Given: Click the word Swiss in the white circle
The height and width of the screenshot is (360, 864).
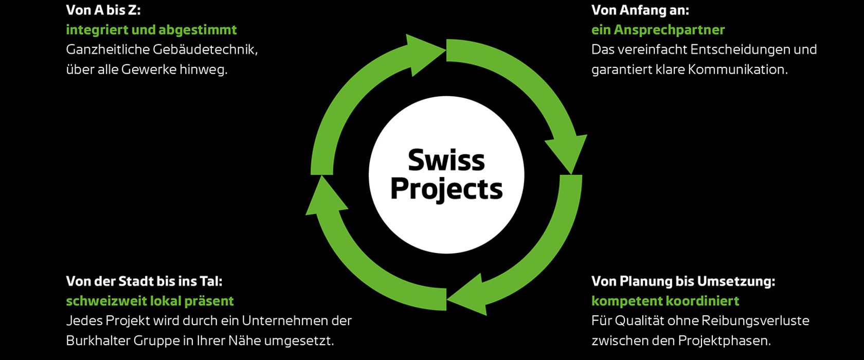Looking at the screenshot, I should tap(446, 160).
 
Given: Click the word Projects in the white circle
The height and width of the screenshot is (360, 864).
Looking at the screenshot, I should tap(446, 189).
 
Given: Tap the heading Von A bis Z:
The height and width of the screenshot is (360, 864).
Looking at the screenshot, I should tap(103, 10).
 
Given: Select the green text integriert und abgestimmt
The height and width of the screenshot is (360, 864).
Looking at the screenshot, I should tap(151, 30).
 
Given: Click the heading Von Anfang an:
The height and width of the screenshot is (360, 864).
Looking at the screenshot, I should tap(640, 10).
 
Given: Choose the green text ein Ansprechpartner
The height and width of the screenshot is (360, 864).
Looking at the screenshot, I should tap(658, 30).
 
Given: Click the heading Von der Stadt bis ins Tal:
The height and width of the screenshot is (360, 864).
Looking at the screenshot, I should tap(144, 281).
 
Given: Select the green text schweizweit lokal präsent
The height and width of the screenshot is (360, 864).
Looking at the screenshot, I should tap(150, 301).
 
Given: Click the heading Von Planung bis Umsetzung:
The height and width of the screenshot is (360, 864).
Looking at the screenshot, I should tap(683, 281).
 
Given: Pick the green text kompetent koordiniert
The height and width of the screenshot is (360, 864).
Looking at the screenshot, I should tap(665, 301).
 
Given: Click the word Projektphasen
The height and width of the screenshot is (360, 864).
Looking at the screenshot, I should tap(724, 340).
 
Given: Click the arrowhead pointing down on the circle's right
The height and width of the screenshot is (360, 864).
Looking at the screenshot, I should tap(567, 152).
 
